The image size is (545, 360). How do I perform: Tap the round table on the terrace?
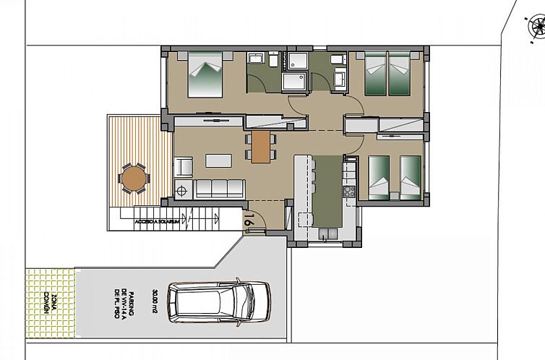tap(133, 176)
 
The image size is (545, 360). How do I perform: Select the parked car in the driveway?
tap(218, 302)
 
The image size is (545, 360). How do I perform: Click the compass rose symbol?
tap(536, 27)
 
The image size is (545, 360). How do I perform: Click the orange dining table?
tap(259, 147)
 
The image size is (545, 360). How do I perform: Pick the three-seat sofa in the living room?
tap(220, 189)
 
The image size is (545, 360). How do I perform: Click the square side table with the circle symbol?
tap(182, 191)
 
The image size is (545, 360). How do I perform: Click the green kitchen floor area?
tap(329, 192)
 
